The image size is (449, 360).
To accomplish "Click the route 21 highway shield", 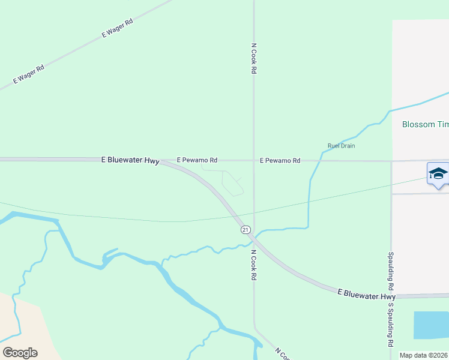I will pos(245,230).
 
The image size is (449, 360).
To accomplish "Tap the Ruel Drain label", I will pos(342,146).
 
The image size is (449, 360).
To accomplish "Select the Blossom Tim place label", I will pos(425,125).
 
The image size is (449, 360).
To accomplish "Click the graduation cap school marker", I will pos(438,174).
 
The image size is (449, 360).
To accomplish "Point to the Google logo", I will pos(20,353).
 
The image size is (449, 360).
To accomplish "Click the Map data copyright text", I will pos(423,355).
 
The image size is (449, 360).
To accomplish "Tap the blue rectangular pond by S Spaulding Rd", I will pos(431,325).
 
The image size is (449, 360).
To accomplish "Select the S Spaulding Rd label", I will pos(390,325).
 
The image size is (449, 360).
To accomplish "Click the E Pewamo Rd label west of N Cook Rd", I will pos(197,161).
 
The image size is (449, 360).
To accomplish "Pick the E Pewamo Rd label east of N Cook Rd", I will pos(280,161).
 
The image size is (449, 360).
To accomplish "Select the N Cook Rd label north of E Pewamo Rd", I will pos(254,58).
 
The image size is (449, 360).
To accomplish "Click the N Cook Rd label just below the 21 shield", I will pos(254,266).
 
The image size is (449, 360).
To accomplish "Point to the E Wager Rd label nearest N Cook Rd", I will pos(117,28).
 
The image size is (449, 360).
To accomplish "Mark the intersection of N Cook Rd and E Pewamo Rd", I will pos(253,161).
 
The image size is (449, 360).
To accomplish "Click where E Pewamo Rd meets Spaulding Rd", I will pos(391,161).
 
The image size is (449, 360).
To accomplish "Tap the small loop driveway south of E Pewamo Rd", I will pos(232,182).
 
